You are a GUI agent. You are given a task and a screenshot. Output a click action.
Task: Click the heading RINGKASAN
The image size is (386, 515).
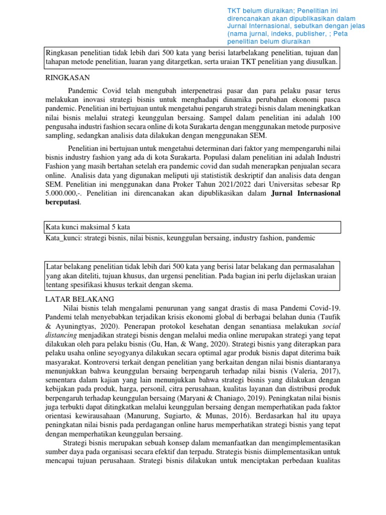[67, 77]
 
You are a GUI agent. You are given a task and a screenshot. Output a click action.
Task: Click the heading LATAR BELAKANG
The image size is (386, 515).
[80, 299]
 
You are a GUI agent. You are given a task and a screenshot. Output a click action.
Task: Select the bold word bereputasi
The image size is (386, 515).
[63, 202]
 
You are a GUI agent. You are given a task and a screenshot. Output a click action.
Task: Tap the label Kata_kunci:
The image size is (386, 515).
[63, 238]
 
